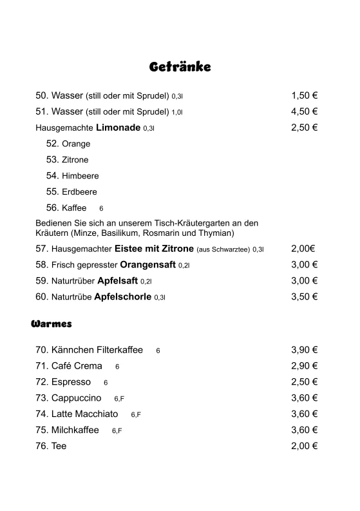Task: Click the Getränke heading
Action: tap(180, 66)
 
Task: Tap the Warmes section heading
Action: tap(52, 323)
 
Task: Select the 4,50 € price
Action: tap(305, 111)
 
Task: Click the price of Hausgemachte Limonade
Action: tap(305, 128)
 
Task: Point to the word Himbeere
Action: tap(81, 176)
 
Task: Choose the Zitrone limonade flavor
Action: tap(75, 160)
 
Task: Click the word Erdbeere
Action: tap(80, 192)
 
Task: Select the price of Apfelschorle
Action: tap(305, 296)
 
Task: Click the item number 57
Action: tap(41, 248)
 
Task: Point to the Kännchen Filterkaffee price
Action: tap(305, 350)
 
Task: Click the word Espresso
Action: tap(71, 382)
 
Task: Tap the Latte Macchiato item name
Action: tap(84, 414)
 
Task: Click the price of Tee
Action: tap(305, 446)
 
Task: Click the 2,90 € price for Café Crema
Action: tap(305, 366)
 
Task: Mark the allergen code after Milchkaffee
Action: tap(117, 431)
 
